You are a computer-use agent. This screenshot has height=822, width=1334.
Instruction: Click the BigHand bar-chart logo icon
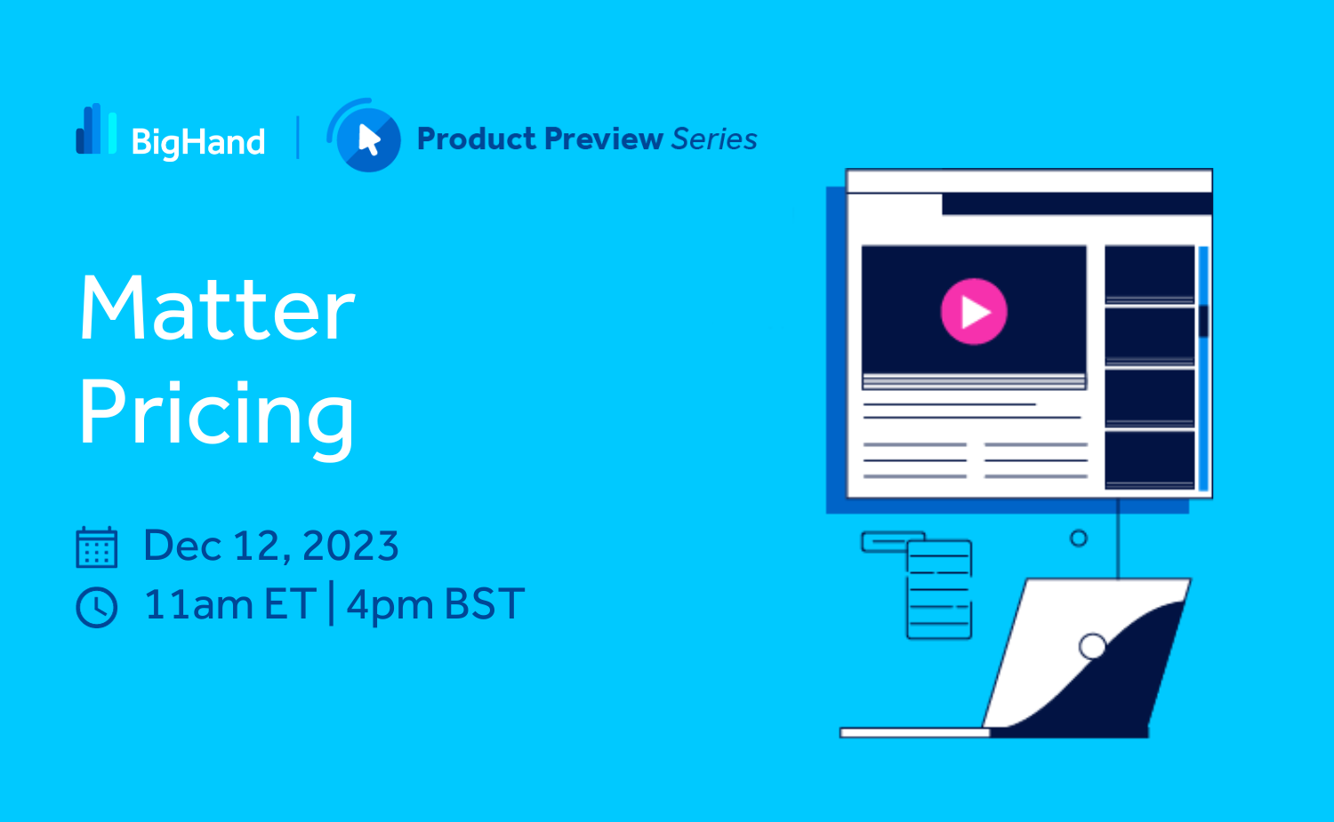click(96, 129)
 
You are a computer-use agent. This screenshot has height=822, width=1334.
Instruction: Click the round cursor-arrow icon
click(365, 136)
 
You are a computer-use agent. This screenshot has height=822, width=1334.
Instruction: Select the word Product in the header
click(477, 140)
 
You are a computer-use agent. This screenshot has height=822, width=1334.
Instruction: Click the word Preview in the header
click(604, 140)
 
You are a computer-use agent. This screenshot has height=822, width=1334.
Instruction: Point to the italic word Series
click(715, 140)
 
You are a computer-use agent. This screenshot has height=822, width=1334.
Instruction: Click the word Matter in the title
click(217, 307)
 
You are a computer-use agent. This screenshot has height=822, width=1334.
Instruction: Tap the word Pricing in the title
click(217, 417)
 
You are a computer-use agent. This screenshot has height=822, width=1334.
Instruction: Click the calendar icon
click(96, 547)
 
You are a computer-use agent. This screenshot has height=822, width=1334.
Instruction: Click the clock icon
click(96, 607)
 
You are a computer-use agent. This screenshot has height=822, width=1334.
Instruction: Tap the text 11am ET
click(229, 605)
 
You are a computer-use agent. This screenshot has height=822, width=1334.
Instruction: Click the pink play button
click(975, 311)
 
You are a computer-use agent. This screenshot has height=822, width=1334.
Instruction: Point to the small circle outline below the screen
click(1079, 539)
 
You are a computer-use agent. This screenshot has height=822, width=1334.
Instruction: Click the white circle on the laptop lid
click(1093, 646)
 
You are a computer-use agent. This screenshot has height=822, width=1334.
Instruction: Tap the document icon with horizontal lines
click(938, 589)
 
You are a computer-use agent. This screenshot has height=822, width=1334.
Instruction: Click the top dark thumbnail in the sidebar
click(1149, 274)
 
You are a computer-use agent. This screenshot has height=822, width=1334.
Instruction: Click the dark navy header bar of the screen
click(1077, 204)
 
